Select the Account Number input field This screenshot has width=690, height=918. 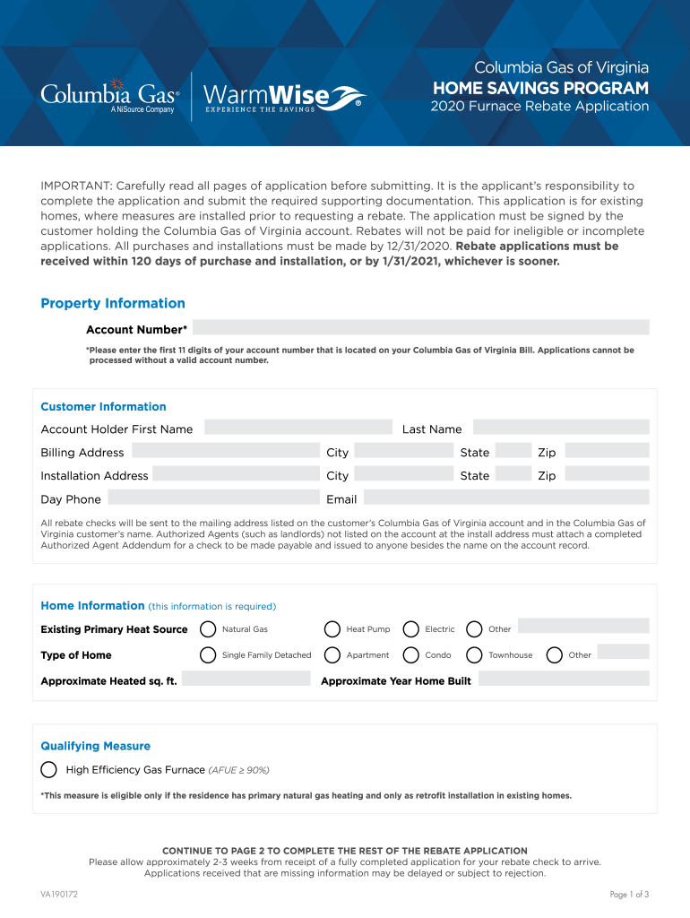tap(420, 327)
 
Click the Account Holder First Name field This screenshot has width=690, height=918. tap(298, 428)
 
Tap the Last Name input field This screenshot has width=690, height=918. tap(560, 428)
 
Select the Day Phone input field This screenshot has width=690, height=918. tap(213, 498)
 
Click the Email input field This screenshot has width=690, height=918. tap(505, 498)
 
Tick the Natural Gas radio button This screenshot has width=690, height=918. tap(208, 628)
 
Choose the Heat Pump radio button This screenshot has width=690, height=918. tap(332, 628)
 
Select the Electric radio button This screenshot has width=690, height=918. tap(411, 628)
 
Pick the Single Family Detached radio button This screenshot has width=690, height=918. tap(208, 654)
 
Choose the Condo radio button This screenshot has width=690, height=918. tap(411, 654)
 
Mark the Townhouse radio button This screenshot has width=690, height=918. tap(474, 654)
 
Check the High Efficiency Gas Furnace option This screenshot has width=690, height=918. tap(49, 769)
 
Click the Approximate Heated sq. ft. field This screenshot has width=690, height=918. tap(247, 680)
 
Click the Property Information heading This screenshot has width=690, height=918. tap(113, 303)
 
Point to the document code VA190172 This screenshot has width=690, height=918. tap(59, 894)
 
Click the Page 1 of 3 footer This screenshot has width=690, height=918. tap(629, 894)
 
